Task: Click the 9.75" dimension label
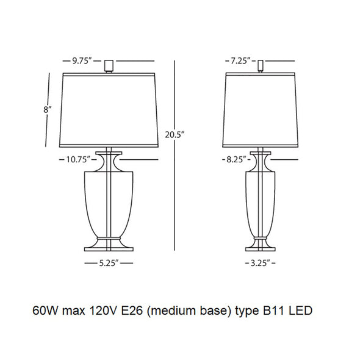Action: pos(82,61)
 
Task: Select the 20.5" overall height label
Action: pos(175,135)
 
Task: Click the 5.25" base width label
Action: pos(109,263)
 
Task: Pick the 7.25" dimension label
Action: pos(240,61)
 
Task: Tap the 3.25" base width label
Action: pos(260,263)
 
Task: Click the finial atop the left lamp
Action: pos(109,66)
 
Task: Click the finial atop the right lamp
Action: pos(261,66)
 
